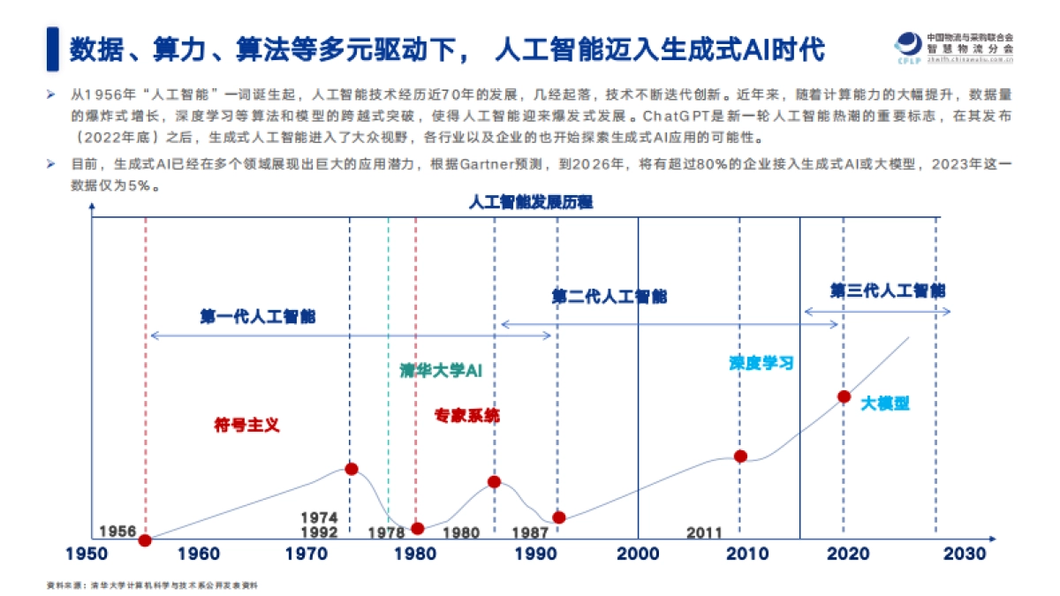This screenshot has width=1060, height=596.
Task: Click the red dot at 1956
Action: pos(145,539)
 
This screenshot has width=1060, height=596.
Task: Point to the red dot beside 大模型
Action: pos(844,396)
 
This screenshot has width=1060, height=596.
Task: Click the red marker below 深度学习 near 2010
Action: pos(740,456)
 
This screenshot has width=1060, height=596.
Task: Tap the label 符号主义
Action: pos(246,425)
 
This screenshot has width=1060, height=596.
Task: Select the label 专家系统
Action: pos(466,415)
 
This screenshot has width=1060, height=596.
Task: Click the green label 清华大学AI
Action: pos(441,370)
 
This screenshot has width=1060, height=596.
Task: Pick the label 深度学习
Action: pos(761,363)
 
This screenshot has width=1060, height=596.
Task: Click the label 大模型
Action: pos(885,404)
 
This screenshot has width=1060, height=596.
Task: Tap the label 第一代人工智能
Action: pos(257,316)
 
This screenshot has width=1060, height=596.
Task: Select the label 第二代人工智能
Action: pos(609,297)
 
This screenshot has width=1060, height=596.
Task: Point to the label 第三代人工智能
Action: pos(888,290)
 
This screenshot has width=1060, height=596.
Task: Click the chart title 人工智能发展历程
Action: pos(531,202)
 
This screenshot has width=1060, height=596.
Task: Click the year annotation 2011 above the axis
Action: pos(704,532)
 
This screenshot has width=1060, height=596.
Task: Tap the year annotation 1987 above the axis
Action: pos(530,532)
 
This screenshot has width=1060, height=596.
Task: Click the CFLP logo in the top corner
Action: pos(908,49)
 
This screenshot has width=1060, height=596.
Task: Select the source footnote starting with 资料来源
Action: pos(151,585)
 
